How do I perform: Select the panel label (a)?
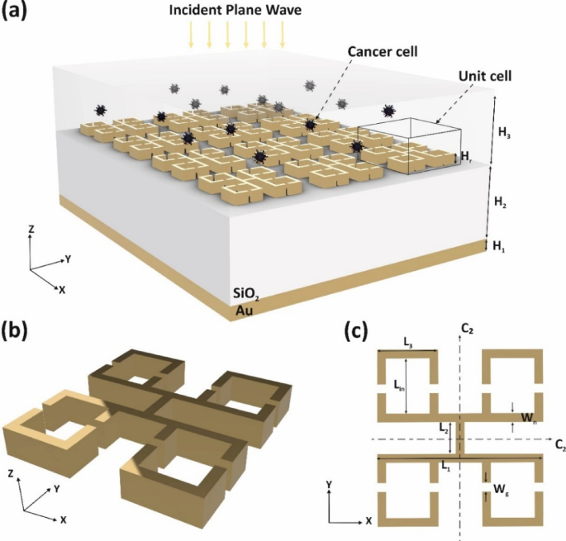(x=18, y=14)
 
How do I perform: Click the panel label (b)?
(x=18, y=330)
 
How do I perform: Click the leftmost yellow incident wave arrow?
(x=192, y=34)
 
